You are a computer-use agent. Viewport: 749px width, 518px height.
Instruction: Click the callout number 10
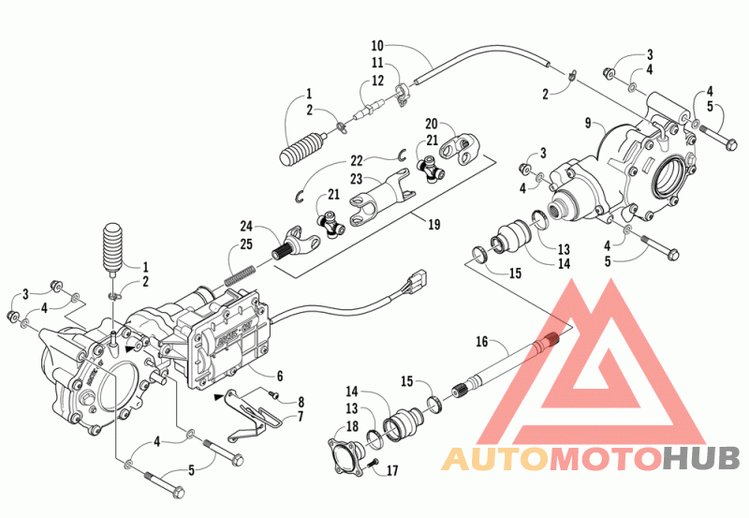(x=377, y=46)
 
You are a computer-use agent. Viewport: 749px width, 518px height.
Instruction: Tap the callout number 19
(x=433, y=224)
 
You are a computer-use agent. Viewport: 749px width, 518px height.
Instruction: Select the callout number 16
(x=482, y=341)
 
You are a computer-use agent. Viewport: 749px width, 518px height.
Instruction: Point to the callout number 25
(x=246, y=244)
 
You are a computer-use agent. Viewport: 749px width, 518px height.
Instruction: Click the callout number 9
(x=588, y=123)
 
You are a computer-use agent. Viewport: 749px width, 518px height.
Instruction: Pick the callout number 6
(x=280, y=376)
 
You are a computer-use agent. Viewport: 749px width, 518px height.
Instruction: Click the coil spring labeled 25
(x=241, y=276)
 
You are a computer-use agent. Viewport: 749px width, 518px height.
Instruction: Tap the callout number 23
(x=357, y=178)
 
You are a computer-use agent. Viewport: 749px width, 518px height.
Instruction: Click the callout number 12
(x=377, y=81)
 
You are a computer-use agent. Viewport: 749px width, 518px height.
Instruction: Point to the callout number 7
(x=300, y=416)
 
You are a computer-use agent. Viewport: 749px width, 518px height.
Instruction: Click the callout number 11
(x=377, y=63)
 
